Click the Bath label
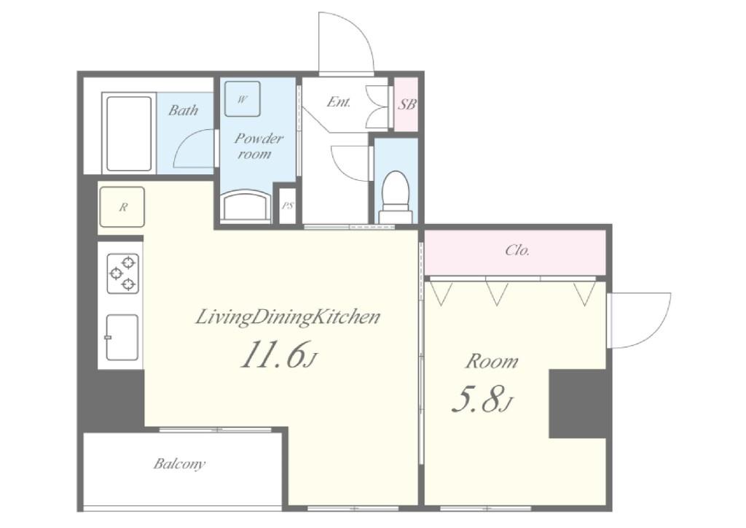tap(183, 110)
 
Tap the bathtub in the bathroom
tap(129, 133)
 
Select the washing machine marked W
tap(242, 99)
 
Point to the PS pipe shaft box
tap(288, 206)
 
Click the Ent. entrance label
tap(339, 102)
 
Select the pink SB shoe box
tap(407, 104)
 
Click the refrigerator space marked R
tap(122, 207)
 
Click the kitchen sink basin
tap(122, 337)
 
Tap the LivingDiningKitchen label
tap(288, 317)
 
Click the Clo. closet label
tap(517, 250)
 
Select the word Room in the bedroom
tap(492, 362)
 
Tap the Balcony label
tap(179, 463)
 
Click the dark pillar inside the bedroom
tap(578, 404)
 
